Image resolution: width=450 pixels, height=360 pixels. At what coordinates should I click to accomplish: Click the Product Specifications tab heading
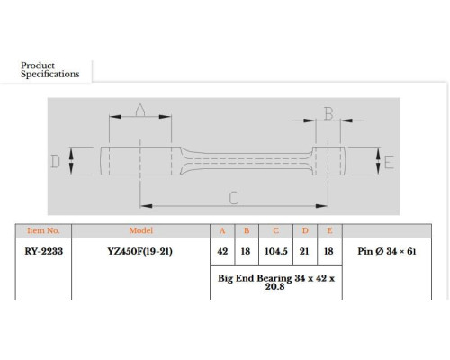50,70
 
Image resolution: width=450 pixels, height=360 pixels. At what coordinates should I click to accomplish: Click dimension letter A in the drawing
140,110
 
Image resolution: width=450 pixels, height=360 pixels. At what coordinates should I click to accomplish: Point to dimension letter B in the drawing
328,114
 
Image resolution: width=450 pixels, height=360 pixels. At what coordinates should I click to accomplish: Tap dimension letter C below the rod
234,198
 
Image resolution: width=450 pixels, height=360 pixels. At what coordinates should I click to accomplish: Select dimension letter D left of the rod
55,161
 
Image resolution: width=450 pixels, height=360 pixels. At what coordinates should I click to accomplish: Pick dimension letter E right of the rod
389,162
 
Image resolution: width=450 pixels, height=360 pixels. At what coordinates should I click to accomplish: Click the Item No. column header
43,230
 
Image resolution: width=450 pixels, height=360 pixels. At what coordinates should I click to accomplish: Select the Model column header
141,230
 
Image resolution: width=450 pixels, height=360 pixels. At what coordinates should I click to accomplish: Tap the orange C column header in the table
276,230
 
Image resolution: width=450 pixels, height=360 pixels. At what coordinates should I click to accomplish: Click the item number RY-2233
44,251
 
